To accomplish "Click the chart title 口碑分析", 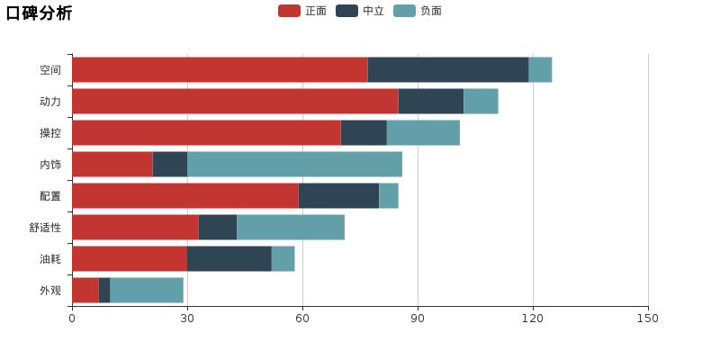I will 39,13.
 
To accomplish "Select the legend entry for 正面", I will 303,11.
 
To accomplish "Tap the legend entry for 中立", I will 361,11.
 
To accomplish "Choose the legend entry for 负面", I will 418,11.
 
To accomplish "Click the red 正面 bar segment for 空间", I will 220,69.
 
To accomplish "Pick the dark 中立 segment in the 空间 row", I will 448,69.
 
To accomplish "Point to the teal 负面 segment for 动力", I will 481,101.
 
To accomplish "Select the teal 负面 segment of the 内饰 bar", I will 294,164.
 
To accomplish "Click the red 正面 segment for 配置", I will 184,195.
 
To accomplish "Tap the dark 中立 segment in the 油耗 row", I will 229,258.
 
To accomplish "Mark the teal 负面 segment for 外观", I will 147,290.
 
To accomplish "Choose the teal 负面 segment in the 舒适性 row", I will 291,227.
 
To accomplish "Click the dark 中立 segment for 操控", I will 364,132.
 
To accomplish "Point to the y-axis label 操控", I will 50,133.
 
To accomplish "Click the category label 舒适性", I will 45,228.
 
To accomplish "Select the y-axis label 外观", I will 50,291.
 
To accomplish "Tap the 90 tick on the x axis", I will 418,318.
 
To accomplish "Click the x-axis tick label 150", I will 648,318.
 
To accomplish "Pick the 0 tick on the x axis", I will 72,318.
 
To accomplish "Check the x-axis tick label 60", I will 302,318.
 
